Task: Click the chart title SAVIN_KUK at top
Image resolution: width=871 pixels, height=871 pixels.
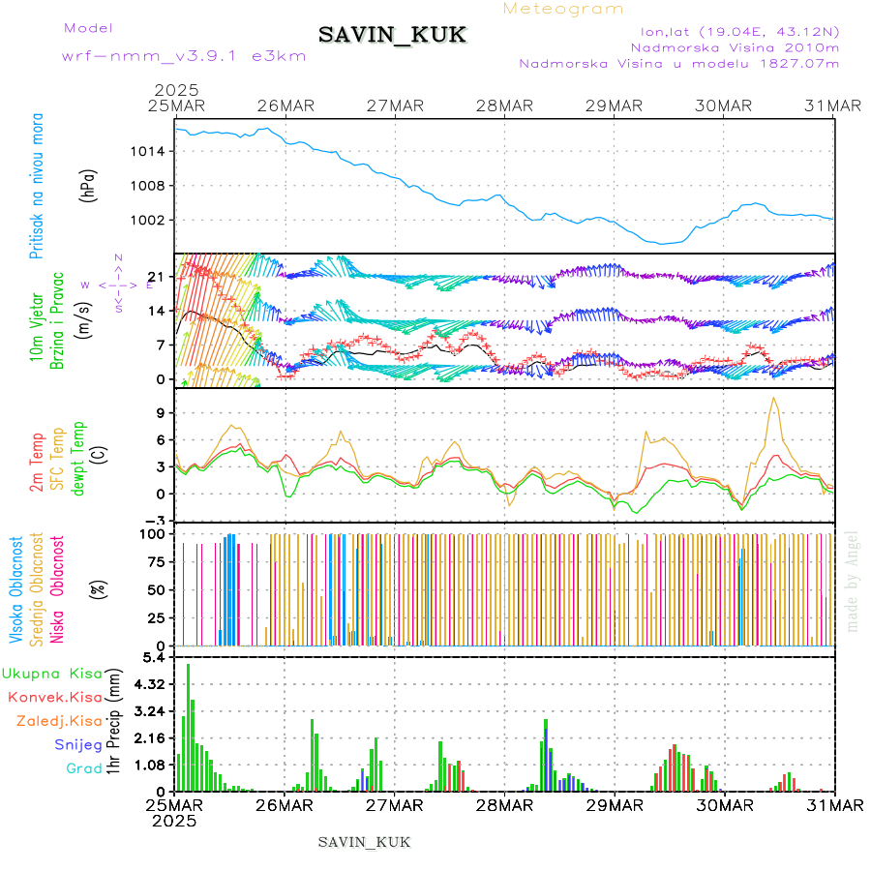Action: pos(392,36)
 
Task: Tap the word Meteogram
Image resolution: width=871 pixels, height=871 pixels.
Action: pos(563,9)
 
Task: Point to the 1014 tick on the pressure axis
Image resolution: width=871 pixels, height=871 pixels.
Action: pos(151,152)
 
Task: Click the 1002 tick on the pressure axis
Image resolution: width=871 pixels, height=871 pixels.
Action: pos(151,220)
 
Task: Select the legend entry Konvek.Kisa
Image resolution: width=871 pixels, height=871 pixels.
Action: pos(54,697)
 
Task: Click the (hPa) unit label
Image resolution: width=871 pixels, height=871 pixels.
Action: pos(88,185)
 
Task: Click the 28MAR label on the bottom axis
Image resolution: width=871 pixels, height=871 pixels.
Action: pos(504,805)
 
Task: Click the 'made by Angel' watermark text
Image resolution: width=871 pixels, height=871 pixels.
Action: pos(853,581)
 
